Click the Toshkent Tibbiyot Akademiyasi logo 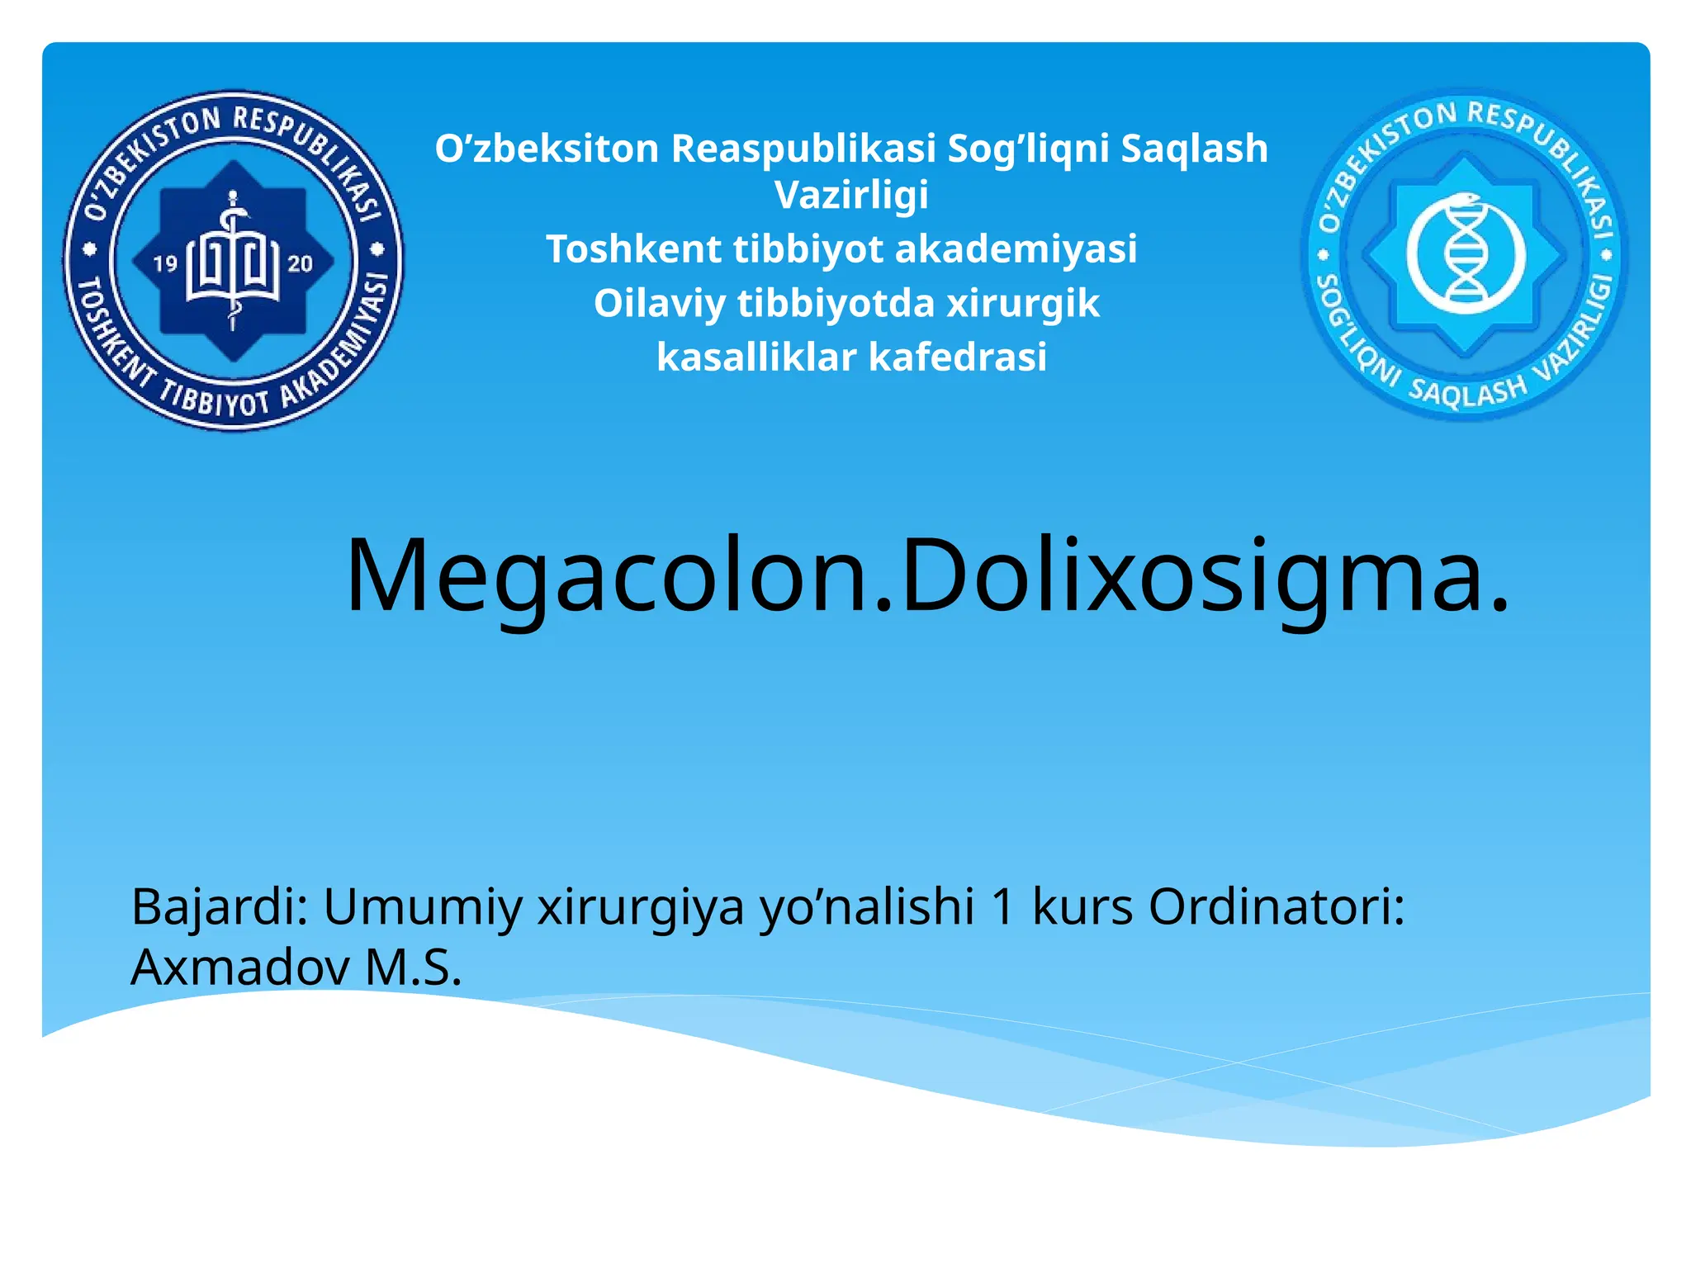click(x=234, y=260)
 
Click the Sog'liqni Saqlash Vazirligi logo click(x=1465, y=254)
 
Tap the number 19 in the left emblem click(x=166, y=263)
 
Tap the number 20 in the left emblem click(x=300, y=263)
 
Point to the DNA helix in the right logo click(x=1465, y=253)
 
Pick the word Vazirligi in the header click(x=851, y=196)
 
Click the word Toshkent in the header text click(x=633, y=249)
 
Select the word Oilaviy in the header click(x=660, y=304)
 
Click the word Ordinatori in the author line click(x=1277, y=906)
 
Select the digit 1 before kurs click(x=1003, y=906)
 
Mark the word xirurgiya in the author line click(x=641, y=908)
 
